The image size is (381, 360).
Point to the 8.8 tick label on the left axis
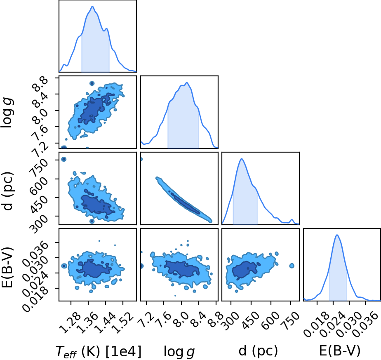(x=40, y=84)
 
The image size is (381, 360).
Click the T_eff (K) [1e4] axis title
(x=99, y=351)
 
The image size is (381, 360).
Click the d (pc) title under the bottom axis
(x=258, y=351)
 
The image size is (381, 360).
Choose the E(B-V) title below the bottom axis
(x=339, y=351)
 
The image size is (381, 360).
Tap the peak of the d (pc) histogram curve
(x=242, y=159)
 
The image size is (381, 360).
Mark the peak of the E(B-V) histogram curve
(x=337, y=235)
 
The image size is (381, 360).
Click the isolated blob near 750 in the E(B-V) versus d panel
(x=292, y=266)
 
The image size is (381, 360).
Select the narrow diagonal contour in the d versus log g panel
(x=184, y=200)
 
